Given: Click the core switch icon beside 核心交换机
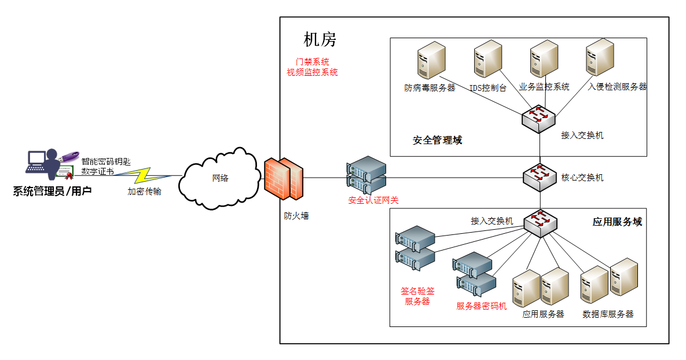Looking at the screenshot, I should pos(540,177).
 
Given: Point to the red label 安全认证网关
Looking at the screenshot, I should pos(373,201).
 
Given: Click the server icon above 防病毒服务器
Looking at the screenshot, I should pos(431,60).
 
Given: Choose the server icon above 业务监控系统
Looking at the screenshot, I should pos(544,58).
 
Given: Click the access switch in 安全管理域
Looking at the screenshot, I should pos(539,119).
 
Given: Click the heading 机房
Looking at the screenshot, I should pos(320,39).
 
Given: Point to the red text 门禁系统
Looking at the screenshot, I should pos(312,61).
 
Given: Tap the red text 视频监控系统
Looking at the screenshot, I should pos(312,72).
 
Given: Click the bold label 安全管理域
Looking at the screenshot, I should pos(437,140).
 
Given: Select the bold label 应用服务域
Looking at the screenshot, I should pos(617,222).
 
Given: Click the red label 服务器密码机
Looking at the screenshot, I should pos(481,306).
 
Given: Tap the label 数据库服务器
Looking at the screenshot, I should pos(608,314).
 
